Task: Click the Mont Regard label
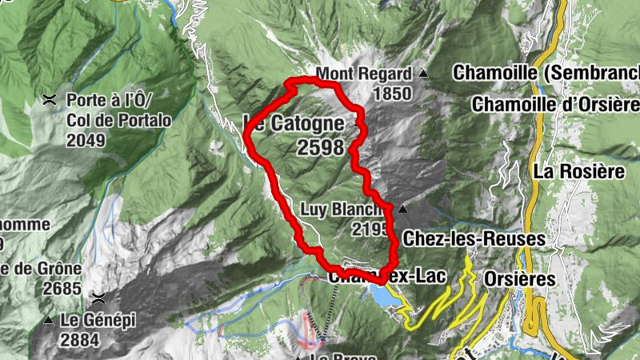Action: pos(364,74)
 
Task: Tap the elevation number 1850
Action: pos(391,94)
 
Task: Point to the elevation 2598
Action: pos(319,148)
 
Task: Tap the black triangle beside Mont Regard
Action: pos(424,74)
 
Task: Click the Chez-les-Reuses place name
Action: pos(474,238)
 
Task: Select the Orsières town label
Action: pos(519,278)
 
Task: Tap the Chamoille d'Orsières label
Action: pos(555,105)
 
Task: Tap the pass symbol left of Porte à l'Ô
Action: pos(50,101)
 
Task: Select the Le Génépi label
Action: pos(98,320)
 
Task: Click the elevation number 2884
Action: pos(79,340)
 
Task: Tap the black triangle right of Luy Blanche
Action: pos(403,210)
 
